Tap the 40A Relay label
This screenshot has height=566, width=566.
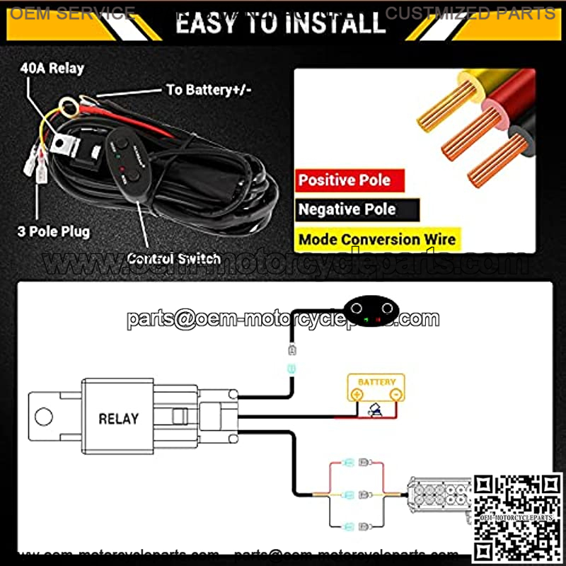[x=53, y=68]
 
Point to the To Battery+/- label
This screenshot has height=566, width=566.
[x=209, y=90]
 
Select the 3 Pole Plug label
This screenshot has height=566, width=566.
[x=54, y=231]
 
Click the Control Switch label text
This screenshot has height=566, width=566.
[x=173, y=258]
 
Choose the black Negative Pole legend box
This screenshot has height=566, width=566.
[x=357, y=209]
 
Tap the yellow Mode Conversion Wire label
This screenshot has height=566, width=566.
[x=377, y=239]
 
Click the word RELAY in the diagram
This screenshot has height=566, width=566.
[x=118, y=418]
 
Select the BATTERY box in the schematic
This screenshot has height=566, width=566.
[x=376, y=388]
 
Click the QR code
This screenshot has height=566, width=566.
[x=517, y=518]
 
